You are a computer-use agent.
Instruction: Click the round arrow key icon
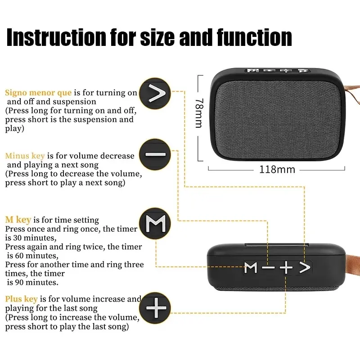[x=155, y=94]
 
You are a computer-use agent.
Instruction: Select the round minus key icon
[x=155, y=154]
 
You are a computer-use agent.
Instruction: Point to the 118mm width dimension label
[x=277, y=170]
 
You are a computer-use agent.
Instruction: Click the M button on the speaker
[x=251, y=268]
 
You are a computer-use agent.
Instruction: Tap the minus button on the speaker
[x=268, y=268]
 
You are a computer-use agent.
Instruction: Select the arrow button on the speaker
[x=305, y=267]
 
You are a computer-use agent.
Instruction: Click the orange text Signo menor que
[x=38, y=93]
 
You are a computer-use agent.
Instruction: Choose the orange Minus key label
[x=25, y=156]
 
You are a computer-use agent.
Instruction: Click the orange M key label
[x=18, y=220]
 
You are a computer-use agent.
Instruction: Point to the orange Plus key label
[x=21, y=299]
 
